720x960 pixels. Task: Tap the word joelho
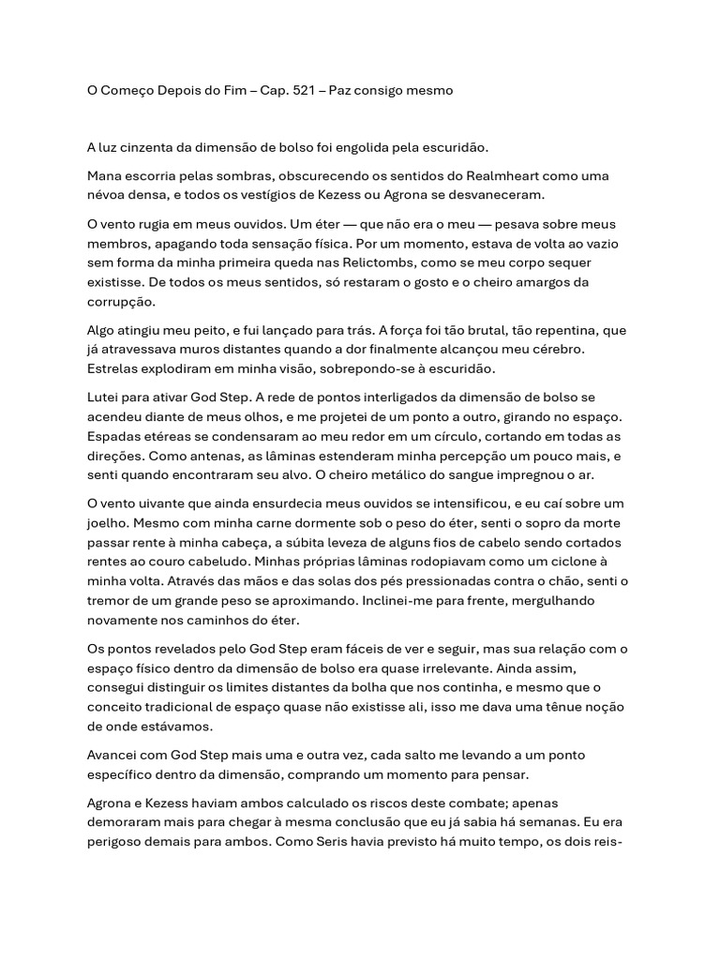coord(108,524)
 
